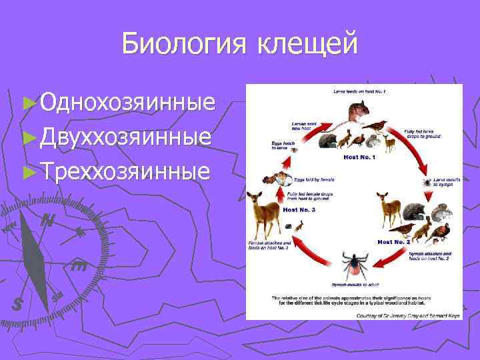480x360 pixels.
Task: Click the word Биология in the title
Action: coord(182,45)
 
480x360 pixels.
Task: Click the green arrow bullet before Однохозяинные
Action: coord(27,103)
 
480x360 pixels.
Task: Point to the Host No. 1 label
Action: coord(359,157)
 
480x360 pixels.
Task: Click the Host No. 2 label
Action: coord(393,241)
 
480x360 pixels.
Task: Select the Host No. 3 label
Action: coord(299,209)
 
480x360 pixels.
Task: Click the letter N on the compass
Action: coord(47,219)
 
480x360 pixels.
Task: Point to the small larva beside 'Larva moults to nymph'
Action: coord(425,181)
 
